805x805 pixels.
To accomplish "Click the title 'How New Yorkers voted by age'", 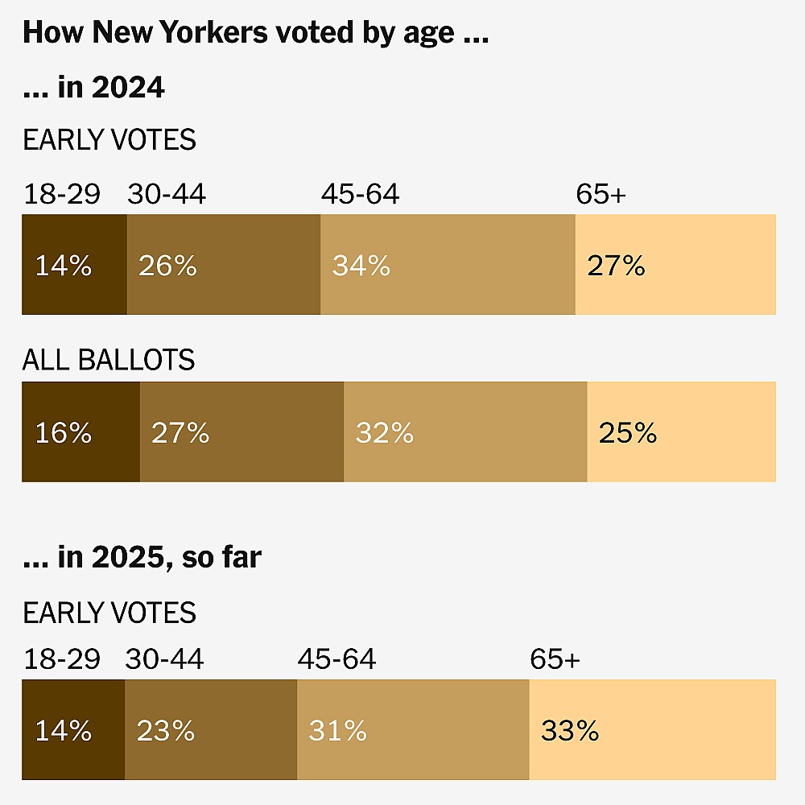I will coord(256,33).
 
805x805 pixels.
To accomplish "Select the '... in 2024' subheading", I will coord(94,87).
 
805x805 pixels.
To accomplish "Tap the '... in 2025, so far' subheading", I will coord(142,557).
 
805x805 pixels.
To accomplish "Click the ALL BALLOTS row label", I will coord(109,360).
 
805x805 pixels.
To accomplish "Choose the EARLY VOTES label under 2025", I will coord(109,613).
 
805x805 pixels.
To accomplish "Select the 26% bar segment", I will coord(224,265).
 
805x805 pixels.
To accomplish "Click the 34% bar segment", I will coord(448,265).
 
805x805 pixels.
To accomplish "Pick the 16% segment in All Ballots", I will coord(80,432).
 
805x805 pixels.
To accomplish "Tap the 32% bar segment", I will coord(465,432).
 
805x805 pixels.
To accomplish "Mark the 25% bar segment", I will coord(681,432).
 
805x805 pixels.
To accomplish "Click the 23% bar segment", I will coord(211,730).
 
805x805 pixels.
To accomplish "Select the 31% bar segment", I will coord(413,730).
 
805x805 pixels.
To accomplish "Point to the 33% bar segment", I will coord(652,730).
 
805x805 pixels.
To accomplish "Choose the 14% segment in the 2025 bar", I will coord(73,730).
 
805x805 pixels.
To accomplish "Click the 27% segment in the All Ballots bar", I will coord(242,432).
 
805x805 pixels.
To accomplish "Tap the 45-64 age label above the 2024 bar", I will coord(360,195).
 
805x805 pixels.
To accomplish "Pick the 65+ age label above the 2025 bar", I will coord(555,659).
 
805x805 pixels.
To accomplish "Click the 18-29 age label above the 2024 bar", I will coord(62,195).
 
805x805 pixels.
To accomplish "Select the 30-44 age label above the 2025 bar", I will coord(164,659).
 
